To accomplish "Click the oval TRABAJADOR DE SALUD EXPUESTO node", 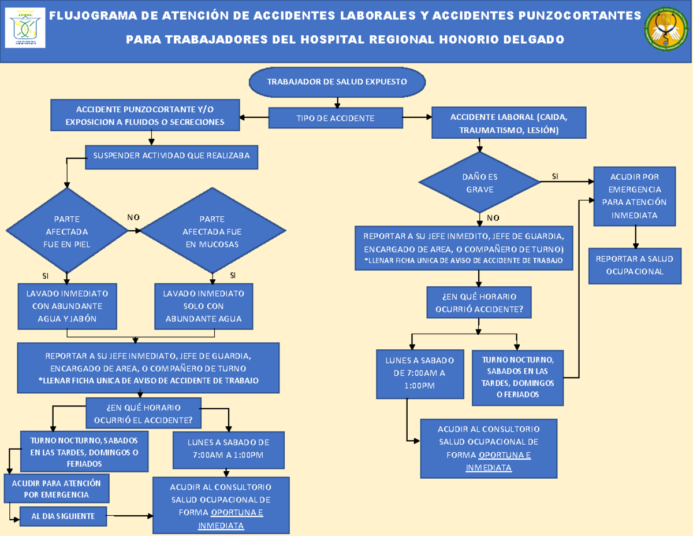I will point(337,82).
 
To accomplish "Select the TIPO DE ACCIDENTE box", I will point(336,119).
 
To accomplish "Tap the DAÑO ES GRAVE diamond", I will point(479,183).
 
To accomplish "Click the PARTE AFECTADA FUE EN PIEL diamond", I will point(67,231).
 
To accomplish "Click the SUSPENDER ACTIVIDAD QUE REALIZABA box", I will point(172,157).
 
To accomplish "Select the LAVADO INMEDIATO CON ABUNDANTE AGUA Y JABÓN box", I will point(67,306).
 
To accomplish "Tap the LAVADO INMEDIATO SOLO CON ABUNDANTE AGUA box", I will point(204,306).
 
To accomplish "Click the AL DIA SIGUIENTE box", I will point(64,516).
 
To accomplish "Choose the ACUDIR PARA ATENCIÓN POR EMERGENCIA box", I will point(57,489).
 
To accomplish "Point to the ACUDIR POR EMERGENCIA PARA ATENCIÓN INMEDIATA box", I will point(634,196).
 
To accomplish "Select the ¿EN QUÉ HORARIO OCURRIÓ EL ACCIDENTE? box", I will point(143,413).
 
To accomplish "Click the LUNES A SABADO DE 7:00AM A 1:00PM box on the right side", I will point(419,374).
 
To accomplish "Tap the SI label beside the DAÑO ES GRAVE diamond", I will point(555,176).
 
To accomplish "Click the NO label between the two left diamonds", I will point(133,217).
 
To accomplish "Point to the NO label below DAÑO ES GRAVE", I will point(493,218).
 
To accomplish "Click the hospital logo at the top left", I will point(25,28).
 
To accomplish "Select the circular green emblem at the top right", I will point(666,32).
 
